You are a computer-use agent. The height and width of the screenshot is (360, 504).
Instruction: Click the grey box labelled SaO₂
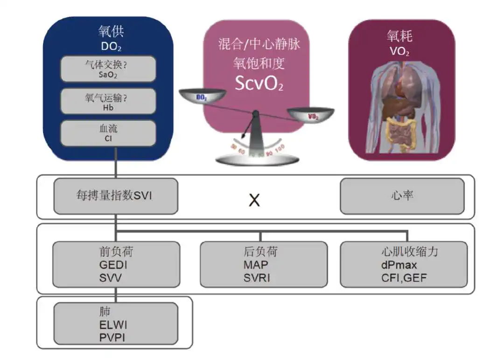[x=108, y=69]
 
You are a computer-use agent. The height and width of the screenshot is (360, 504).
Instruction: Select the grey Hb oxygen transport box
[x=108, y=101]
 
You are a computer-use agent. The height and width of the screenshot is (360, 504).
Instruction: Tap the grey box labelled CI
[x=108, y=132]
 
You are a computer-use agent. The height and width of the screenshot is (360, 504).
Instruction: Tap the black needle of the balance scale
[x=249, y=127]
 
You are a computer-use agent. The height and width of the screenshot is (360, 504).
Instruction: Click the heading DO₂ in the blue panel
[x=111, y=47]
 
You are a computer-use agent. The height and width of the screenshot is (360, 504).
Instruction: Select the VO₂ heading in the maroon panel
[x=399, y=51]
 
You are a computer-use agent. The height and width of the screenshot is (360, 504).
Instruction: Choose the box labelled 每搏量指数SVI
[x=115, y=196]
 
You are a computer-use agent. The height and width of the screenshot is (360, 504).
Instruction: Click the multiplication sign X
[x=254, y=201]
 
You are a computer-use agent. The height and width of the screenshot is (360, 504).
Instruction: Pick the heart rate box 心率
[x=402, y=196]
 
